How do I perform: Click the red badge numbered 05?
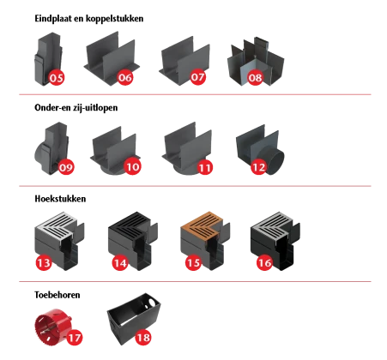click(x=57, y=77)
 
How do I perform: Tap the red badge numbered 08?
click(x=255, y=77)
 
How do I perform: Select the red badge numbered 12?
click(x=258, y=167)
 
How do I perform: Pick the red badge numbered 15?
click(x=193, y=262)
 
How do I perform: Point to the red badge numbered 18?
click(x=143, y=338)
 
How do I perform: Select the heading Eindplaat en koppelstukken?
click(x=89, y=19)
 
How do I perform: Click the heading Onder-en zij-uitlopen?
click(x=76, y=108)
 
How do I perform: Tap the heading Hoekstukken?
click(x=60, y=199)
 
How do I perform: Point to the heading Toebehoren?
click(x=57, y=295)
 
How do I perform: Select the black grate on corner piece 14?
click(x=131, y=225)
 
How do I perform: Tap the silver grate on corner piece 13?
click(x=57, y=225)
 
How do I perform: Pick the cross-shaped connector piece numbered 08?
click(x=256, y=61)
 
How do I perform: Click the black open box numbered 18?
click(x=133, y=317)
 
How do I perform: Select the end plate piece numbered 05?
click(x=48, y=57)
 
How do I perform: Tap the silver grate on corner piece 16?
click(x=273, y=225)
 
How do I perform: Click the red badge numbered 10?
click(x=133, y=167)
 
